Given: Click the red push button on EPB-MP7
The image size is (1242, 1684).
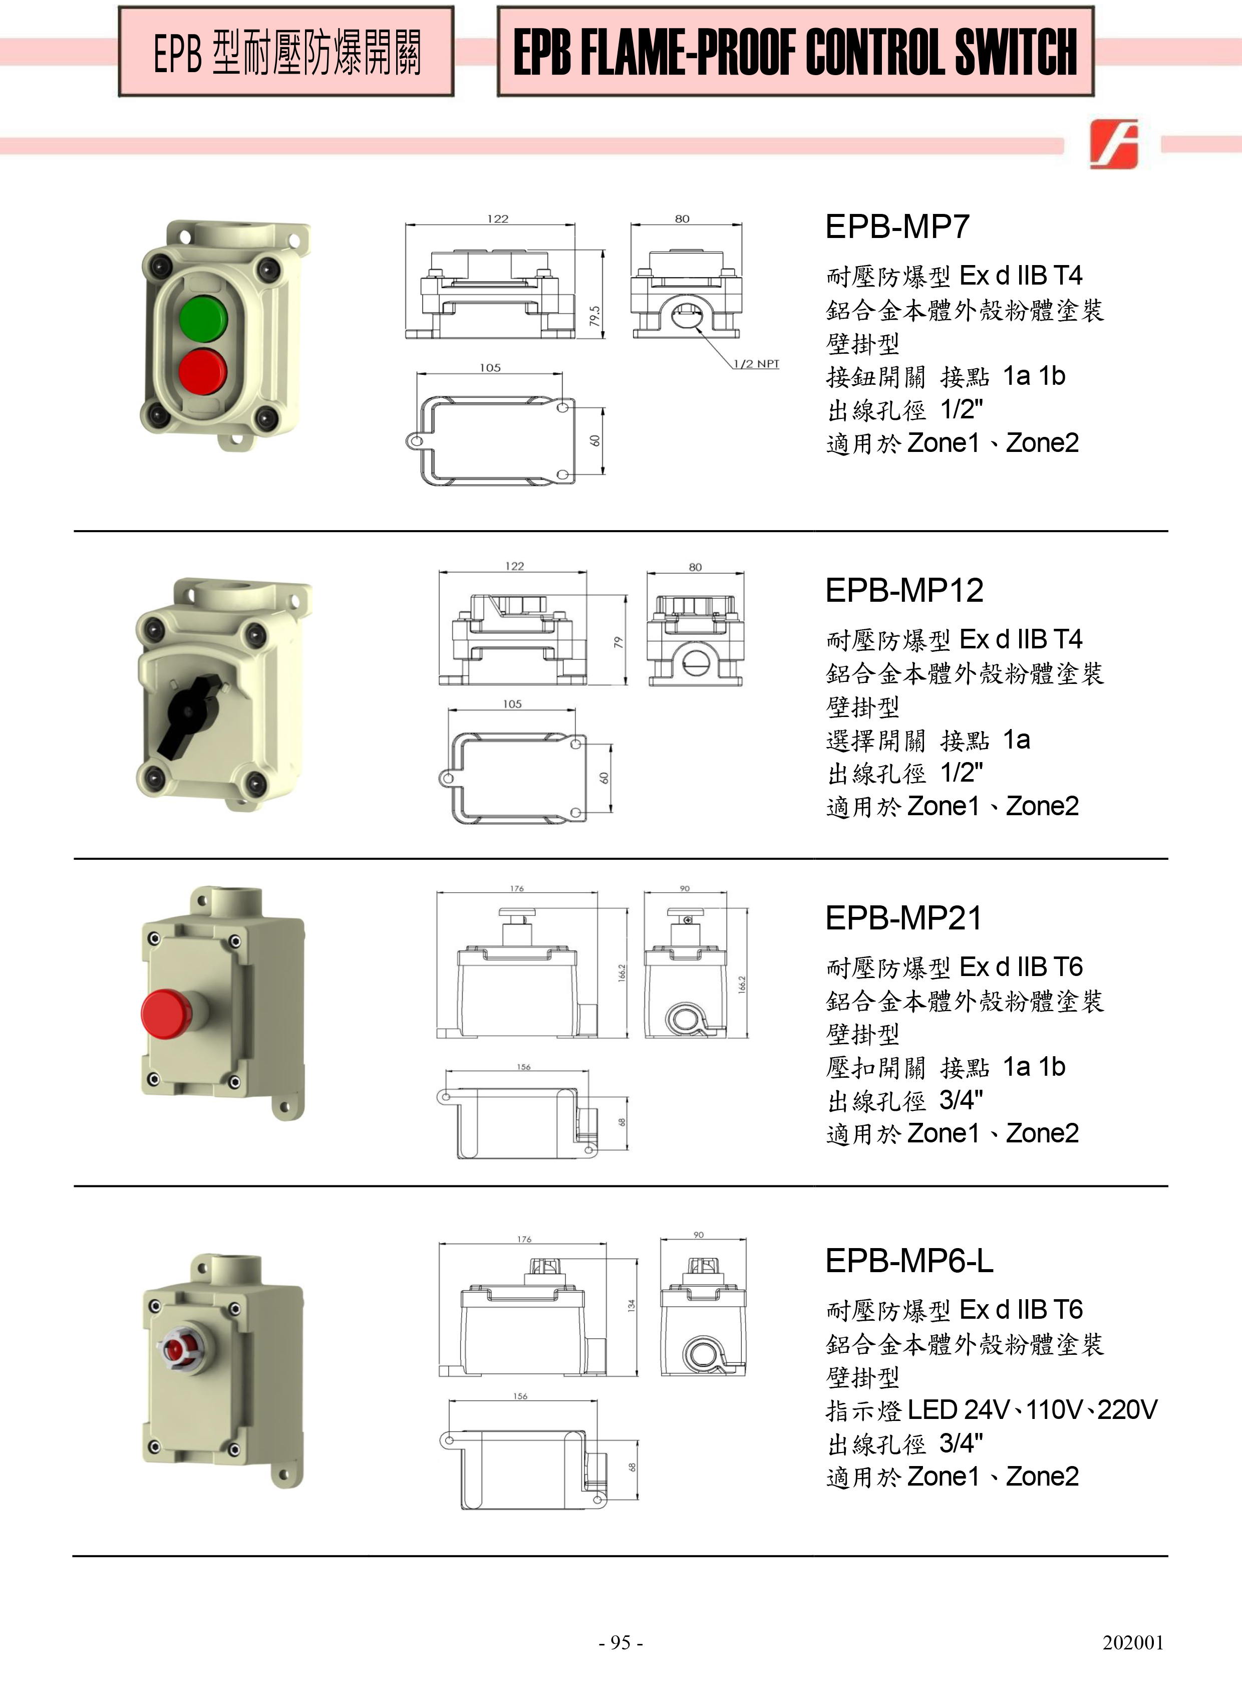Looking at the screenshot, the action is coord(202,370).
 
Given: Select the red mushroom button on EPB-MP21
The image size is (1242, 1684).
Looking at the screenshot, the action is coord(165,1013).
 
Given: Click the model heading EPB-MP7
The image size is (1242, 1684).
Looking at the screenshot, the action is coord(897,226).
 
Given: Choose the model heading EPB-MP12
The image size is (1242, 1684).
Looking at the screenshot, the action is coord(904,590).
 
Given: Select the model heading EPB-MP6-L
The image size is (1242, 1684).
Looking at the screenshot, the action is coord(909,1261).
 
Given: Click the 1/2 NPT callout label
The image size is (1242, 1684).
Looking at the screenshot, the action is coord(756,364).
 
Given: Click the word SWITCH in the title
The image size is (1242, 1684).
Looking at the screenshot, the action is coord(1015,53).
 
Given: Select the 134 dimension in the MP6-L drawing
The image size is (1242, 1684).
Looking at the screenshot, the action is coord(632,1305).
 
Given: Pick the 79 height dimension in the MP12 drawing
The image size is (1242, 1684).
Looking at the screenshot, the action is coord(618,643).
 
